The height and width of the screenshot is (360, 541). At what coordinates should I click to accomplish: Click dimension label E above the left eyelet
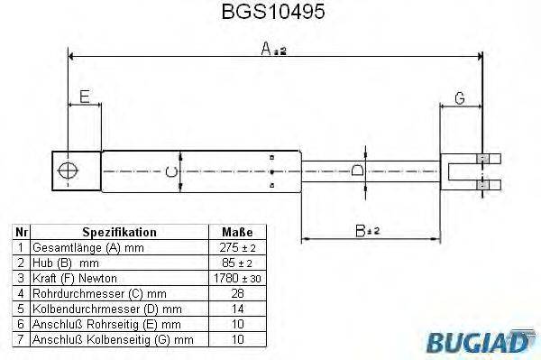click(x=84, y=97)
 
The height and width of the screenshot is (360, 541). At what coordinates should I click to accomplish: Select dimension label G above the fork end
click(x=459, y=97)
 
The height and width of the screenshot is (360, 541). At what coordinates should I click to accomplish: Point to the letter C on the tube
click(x=171, y=169)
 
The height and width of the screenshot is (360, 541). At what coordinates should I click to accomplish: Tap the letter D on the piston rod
click(x=357, y=169)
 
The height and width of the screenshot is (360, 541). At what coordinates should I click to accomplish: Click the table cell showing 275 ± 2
click(x=231, y=247)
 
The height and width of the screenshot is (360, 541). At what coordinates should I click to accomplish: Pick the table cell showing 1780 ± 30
click(x=231, y=278)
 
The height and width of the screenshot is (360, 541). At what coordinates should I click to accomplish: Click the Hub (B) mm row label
click(x=62, y=263)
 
